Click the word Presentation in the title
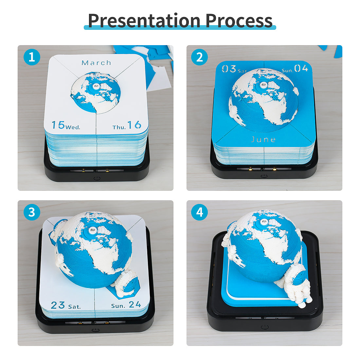pyautogui.click(x=144, y=21)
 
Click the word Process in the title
pyautogui.click(x=239, y=21)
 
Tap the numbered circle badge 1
pyautogui.click(x=32, y=57)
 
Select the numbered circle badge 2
pyautogui.click(x=199, y=57)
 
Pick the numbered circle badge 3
pyautogui.click(x=32, y=212)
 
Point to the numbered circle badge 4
pyautogui.click(x=199, y=212)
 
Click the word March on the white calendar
pyautogui.click(x=97, y=63)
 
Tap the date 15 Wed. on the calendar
pyautogui.click(x=66, y=125)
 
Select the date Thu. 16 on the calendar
pyautogui.click(x=127, y=125)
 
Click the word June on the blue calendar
pyautogui.click(x=263, y=139)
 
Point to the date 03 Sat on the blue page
pyautogui.click(x=234, y=69)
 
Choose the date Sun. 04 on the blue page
pyautogui.click(x=295, y=68)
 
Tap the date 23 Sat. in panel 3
pyautogui.click(x=66, y=305)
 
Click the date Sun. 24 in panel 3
pyautogui.click(x=126, y=305)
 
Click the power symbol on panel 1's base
pyautogui.click(x=97, y=178)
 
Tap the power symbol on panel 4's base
pyautogui.click(x=265, y=327)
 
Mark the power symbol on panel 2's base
pyautogui.click(x=264, y=176)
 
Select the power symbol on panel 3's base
pyautogui.click(x=96, y=330)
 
